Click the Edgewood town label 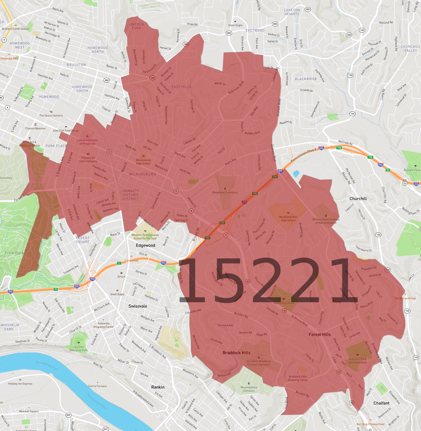tap(145, 245)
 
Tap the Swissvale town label tap(138, 306)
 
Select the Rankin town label tap(158, 387)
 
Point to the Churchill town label tap(358, 199)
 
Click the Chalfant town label tap(381, 403)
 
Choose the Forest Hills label tap(320, 334)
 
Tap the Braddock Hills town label tap(236, 353)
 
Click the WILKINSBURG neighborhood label tap(142, 174)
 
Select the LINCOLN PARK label tap(136, 26)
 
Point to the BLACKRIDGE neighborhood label tap(306, 79)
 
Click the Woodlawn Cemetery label tap(225, 192)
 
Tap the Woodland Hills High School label tap(288, 218)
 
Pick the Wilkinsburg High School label tap(143, 162)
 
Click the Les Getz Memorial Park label tap(79, 348)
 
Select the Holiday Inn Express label tap(20, 384)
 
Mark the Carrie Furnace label tap(97, 386)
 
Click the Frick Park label tap(14, 253)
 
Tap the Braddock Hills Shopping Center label tap(298, 378)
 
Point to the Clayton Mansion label tap(36, 128)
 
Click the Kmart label tap(121, 276)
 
